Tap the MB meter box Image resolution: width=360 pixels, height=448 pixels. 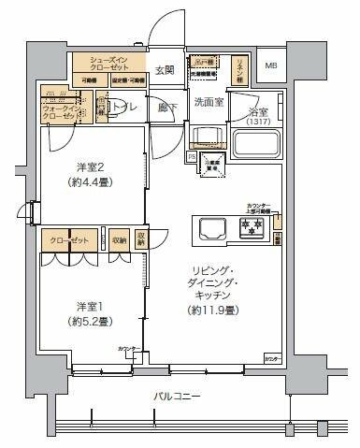click(270, 66)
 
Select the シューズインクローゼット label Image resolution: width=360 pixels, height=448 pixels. click(109, 63)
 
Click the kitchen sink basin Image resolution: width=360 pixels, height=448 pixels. click(208, 227)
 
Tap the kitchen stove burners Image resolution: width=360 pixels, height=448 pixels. click(251, 226)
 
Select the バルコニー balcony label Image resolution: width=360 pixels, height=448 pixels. click(176, 397)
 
